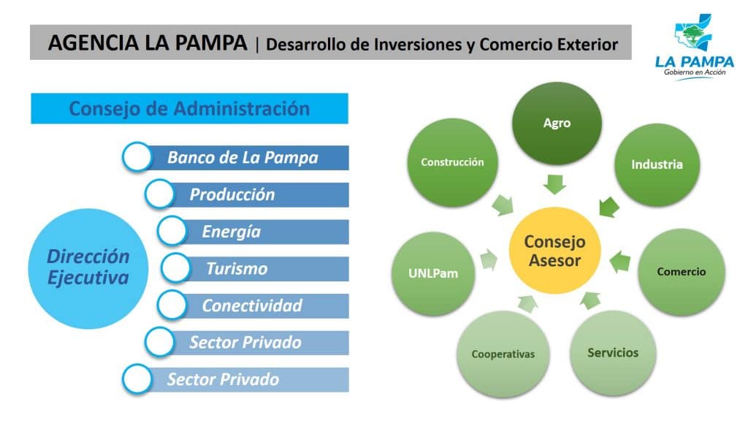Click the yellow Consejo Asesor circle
coord(554,251)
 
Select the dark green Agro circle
coord(557,124)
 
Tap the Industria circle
coord(657,164)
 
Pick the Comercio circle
coord(682,272)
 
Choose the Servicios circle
coord(613,353)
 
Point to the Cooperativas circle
coord(503,354)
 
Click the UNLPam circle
coord(433,273)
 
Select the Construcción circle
coord(452,162)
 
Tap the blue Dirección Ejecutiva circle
coord(88,268)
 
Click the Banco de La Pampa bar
coord(243,158)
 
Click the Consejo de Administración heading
coord(189,108)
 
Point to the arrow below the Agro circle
coord(555,184)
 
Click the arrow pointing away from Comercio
coord(620,262)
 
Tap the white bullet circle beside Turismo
coord(175,268)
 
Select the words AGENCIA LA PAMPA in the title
coord(148,43)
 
